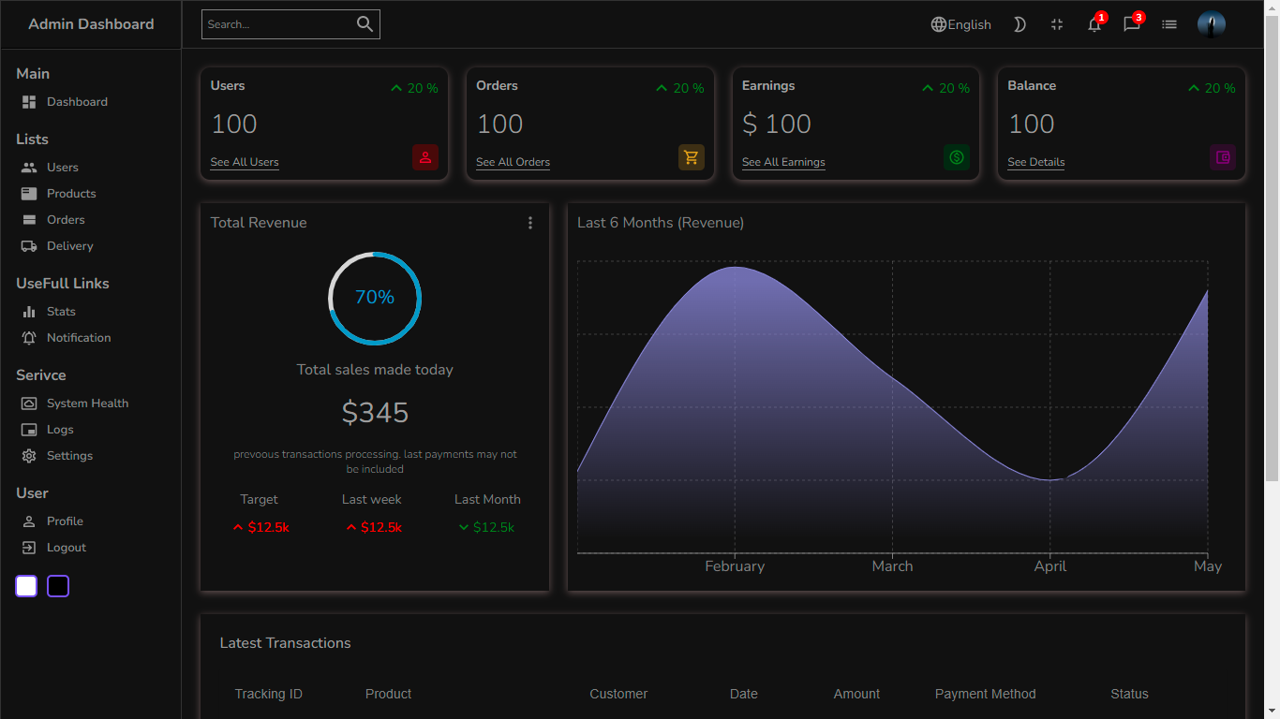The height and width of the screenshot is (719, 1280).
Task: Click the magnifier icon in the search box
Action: point(365,24)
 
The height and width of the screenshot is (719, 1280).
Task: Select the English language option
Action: point(960,24)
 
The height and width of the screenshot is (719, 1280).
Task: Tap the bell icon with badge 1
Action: point(1094,24)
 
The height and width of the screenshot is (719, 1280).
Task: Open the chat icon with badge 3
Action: point(1131,24)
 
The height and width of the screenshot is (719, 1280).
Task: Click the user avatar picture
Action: point(1211,24)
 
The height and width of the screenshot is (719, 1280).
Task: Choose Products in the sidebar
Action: point(71,194)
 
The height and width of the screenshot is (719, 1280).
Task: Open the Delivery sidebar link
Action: point(69,246)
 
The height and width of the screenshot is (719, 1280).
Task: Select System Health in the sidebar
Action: point(87,404)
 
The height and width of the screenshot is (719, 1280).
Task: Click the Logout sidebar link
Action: point(66,548)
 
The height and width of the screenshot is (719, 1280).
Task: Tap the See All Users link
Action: point(245,162)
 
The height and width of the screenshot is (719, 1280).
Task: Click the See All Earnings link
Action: point(783,162)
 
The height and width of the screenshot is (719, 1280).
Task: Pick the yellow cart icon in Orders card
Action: point(691,157)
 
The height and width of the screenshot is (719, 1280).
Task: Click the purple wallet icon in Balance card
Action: point(1222,157)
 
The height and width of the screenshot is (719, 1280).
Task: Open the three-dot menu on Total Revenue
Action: point(529,223)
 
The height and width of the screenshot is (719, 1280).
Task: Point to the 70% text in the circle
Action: point(375,298)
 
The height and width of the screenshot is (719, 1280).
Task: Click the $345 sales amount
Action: point(375,413)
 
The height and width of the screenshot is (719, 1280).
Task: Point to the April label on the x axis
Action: point(1049,566)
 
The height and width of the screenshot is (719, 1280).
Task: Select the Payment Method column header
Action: point(985,694)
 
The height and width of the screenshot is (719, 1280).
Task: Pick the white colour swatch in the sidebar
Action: point(26,586)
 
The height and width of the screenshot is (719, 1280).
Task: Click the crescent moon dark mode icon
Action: point(1020,24)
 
